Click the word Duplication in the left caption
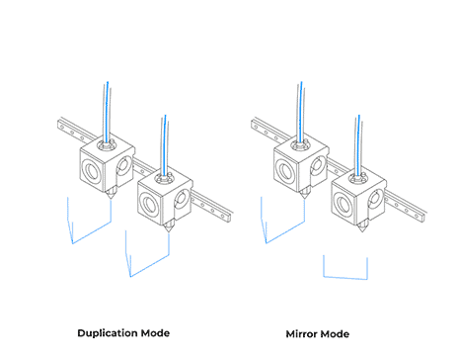(108, 333)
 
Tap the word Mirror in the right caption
(301, 334)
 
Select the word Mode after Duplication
(155, 333)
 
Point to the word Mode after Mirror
(335, 334)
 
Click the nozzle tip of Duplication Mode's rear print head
(111, 198)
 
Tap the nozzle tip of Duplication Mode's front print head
(169, 231)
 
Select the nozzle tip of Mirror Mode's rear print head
(304, 198)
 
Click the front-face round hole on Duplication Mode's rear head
(92, 169)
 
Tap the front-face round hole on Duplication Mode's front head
(150, 203)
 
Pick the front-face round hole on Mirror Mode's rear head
(285, 169)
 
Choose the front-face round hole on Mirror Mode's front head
(344, 203)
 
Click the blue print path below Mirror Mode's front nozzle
(345, 278)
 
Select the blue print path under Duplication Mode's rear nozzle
(92, 232)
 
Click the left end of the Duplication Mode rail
(58, 125)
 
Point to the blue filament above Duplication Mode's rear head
(107, 112)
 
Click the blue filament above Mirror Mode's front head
(358, 145)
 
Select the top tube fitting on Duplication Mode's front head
(164, 177)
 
